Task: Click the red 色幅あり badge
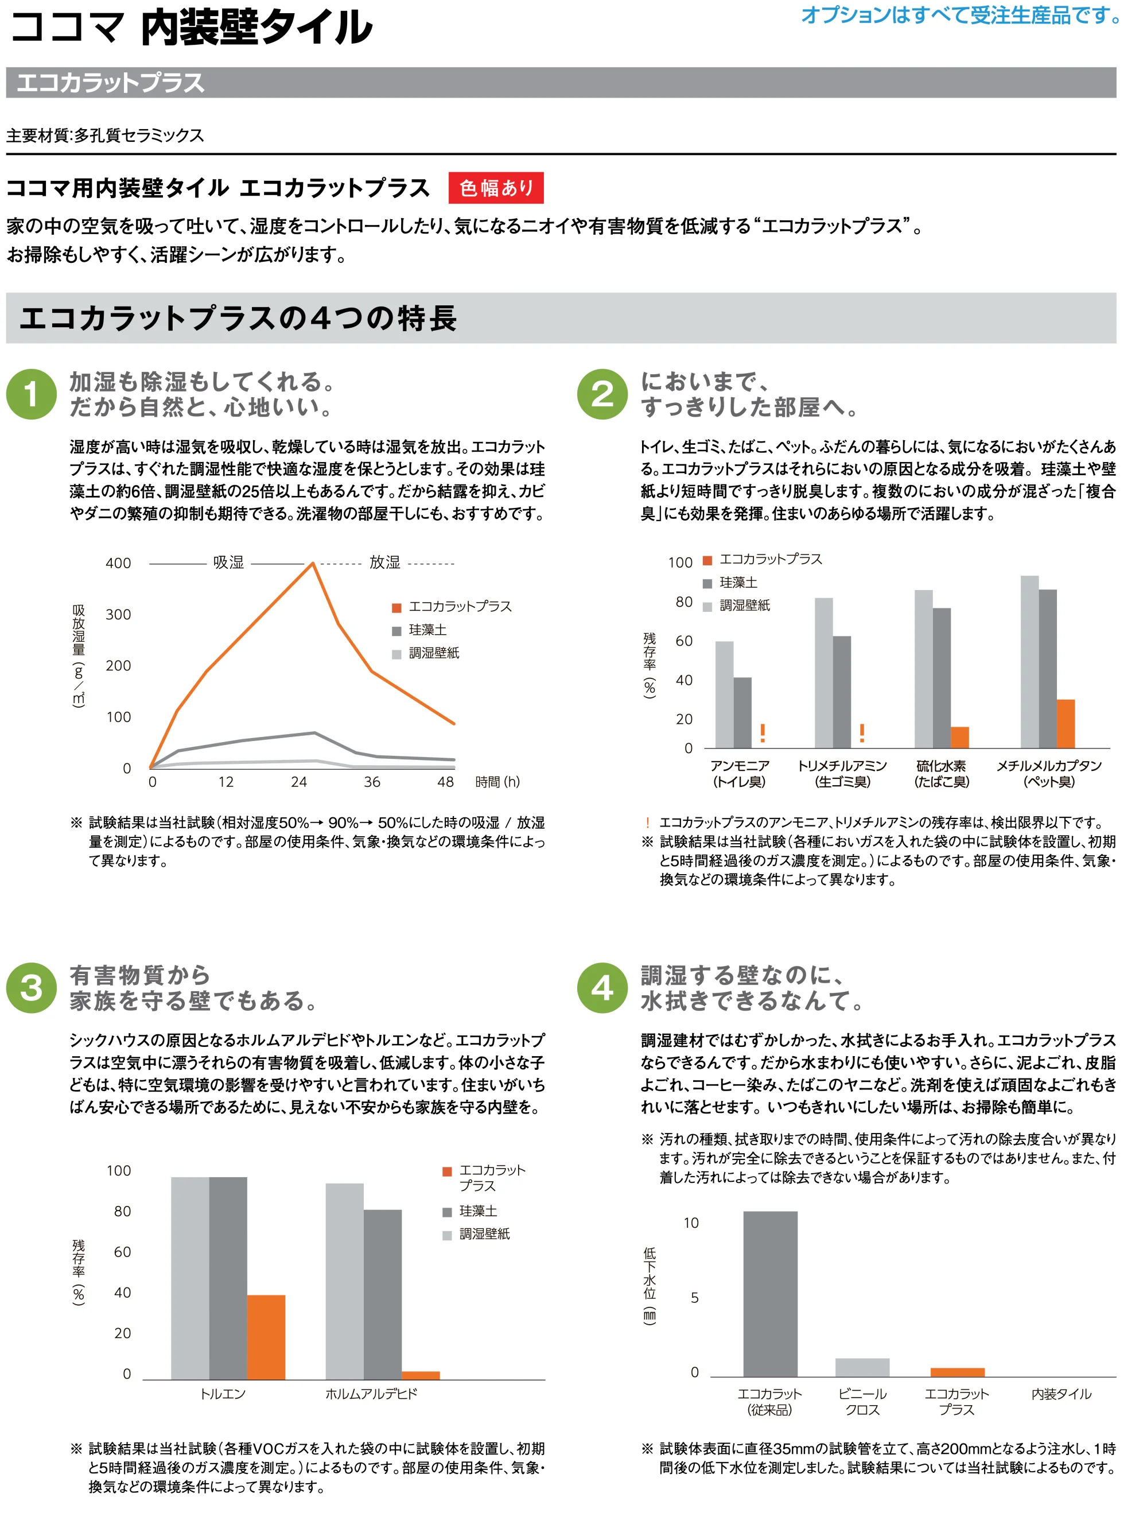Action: tap(496, 188)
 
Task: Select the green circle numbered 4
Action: tap(602, 988)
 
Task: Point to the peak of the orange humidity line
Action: tap(313, 563)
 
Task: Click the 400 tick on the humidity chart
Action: tap(118, 563)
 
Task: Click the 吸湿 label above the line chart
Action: tap(228, 562)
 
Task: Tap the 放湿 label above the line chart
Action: tap(385, 562)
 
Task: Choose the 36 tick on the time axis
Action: tap(372, 782)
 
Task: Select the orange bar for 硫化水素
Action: tap(959, 738)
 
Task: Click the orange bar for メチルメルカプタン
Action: tap(1066, 724)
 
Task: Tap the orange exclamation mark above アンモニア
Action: tap(763, 733)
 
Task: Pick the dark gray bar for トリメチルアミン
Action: tap(842, 692)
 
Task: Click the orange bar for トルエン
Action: tap(266, 1337)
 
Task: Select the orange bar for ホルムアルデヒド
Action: tap(421, 1375)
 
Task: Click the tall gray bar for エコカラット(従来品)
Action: tap(770, 1294)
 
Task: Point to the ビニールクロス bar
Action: tap(862, 1367)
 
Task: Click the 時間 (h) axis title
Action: tap(497, 782)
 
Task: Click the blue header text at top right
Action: tap(961, 15)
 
